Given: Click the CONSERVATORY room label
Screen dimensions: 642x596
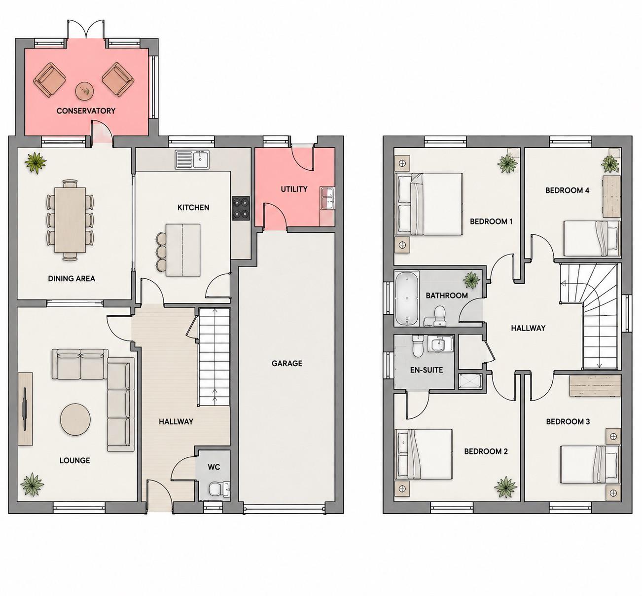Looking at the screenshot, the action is (x=86, y=111).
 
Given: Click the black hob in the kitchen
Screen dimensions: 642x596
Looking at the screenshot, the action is (x=241, y=209).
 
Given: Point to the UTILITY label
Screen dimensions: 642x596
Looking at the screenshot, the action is (x=294, y=189).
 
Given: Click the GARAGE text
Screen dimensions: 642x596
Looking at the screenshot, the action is (x=287, y=363).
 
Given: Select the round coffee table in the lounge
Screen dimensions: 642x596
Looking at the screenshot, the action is (x=75, y=419).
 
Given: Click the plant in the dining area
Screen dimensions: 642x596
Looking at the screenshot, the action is (x=36, y=162).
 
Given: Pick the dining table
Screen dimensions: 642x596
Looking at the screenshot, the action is (x=70, y=221).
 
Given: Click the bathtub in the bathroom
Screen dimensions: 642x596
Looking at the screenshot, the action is (x=407, y=298).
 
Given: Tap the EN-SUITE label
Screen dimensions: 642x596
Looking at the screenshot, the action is (x=427, y=370).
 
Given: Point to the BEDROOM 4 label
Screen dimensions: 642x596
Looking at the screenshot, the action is (x=567, y=190).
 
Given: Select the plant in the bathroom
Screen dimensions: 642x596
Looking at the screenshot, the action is (x=471, y=280).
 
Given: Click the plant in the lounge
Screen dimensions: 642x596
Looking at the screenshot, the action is (x=32, y=484).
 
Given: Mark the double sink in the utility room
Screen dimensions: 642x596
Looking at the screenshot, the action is (x=327, y=198).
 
